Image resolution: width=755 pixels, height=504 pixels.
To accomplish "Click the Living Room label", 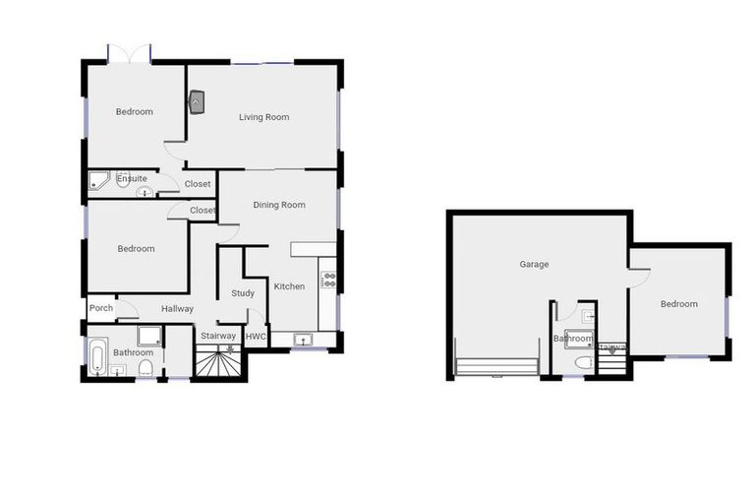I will coord(263,117).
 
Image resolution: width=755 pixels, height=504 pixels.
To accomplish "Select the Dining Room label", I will coord(279,205).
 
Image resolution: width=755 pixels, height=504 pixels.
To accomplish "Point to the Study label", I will coord(243,293).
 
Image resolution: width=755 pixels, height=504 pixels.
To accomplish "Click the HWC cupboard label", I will coord(256,336).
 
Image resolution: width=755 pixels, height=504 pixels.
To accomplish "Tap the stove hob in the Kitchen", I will coord(328,279).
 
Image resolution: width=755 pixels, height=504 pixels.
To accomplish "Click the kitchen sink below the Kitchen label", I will coord(305,340).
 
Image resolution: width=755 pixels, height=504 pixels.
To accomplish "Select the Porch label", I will coord(101,308).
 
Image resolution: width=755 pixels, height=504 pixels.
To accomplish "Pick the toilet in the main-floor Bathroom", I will coord(145,368).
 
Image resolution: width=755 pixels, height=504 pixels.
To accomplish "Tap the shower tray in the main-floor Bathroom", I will coord(150,336).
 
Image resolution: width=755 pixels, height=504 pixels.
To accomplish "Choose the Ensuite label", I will coord(133,178).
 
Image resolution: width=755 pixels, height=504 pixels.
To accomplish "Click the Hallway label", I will coord(177,308).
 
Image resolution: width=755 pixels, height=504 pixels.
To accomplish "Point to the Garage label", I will coord(534,264).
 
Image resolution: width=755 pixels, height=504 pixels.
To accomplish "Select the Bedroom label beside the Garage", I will coord(678,304).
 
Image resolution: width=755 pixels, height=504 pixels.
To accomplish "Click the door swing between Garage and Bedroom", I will coord(638,276).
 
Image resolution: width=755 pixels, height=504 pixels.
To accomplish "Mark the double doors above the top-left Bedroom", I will coord(129,52).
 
